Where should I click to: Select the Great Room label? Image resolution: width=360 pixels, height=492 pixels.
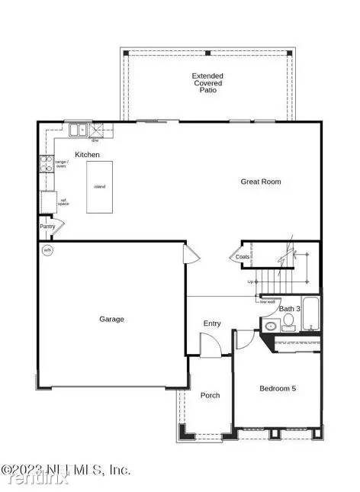pos(261,182)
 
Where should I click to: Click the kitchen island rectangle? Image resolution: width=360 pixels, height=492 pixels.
pos(99,187)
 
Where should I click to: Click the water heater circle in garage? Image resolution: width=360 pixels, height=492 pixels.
pos(47,250)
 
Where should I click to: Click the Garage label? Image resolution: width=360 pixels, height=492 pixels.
pos(111,319)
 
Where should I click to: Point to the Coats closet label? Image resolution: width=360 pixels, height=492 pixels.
pos(243,257)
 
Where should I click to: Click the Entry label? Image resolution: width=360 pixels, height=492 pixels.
pos(212,323)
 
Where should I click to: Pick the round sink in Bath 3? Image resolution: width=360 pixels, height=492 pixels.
pos(271,326)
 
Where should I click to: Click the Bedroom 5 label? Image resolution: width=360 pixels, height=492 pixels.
pos(278,389)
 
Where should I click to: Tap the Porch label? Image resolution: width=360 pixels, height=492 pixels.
pos(210,395)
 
